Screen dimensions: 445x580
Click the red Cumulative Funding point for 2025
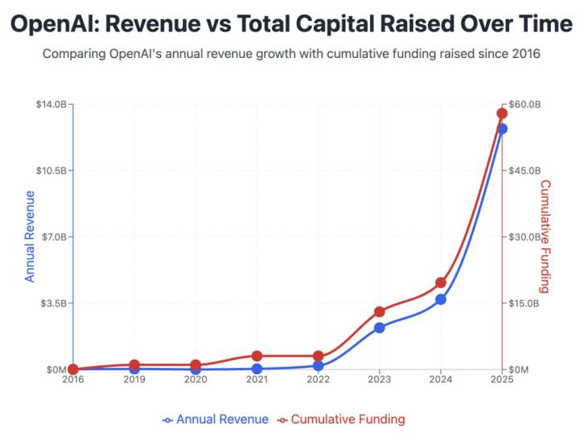click(x=502, y=113)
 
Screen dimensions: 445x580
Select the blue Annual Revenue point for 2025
click(x=502, y=129)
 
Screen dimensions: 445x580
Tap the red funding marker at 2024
click(x=441, y=282)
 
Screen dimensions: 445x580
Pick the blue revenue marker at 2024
click(x=441, y=299)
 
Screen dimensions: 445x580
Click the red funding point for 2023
click(x=380, y=311)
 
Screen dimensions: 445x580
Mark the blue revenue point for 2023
click(x=380, y=328)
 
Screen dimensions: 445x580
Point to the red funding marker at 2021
click(x=257, y=356)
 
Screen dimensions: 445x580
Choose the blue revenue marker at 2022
click(x=319, y=365)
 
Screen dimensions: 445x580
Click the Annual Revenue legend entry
click(x=216, y=419)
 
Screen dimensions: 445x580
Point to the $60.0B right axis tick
click(x=523, y=105)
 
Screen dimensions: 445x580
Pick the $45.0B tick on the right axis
click(x=523, y=171)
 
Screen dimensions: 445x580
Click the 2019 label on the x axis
click(x=134, y=379)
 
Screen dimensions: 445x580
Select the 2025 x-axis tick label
click(x=502, y=379)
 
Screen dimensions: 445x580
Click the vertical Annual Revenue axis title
click(x=31, y=237)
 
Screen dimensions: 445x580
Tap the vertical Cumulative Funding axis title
click(x=545, y=237)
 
